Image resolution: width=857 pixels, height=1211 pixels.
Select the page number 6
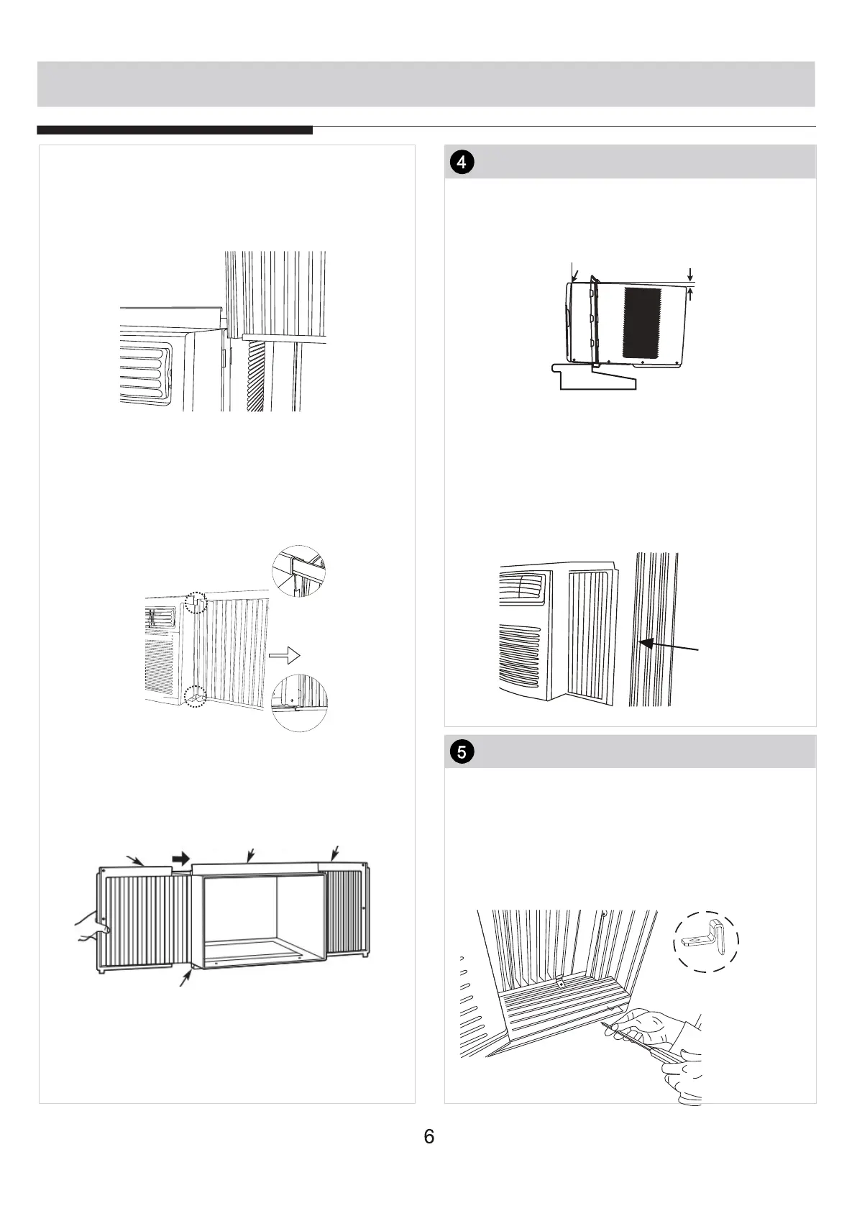click(429, 1137)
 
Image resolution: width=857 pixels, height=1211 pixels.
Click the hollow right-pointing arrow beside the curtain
click(283, 654)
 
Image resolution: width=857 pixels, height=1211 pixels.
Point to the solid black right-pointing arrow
click(181, 858)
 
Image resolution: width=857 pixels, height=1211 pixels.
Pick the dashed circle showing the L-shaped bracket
click(706, 942)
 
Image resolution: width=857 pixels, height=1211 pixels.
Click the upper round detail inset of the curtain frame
click(298, 573)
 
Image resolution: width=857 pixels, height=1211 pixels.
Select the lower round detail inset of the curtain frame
click(300, 703)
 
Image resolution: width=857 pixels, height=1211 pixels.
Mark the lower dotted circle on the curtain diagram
click(196, 696)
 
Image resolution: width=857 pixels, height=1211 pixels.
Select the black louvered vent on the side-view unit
click(641, 323)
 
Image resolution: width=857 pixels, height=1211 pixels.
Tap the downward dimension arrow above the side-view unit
click(690, 274)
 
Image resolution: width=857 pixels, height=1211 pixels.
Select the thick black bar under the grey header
click(175, 130)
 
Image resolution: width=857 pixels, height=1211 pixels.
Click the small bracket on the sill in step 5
click(559, 982)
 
